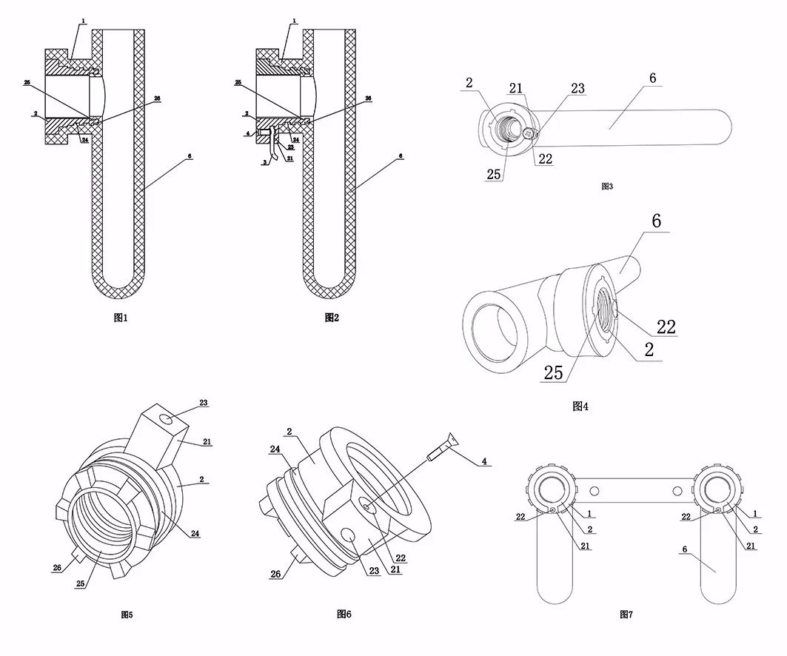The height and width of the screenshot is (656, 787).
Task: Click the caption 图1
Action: (121, 318)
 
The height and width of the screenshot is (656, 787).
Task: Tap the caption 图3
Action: (607, 187)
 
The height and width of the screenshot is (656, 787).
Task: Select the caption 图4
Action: (580, 406)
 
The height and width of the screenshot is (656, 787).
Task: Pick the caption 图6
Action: (344, 614)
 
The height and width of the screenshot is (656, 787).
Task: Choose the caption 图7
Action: (626, 614)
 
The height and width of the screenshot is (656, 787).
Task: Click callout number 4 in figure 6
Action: (484, 461)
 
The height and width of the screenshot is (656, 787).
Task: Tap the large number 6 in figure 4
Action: (656, 221)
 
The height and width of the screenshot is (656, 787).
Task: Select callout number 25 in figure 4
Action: (553, 372)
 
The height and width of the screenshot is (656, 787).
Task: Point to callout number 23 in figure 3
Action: (577, 89)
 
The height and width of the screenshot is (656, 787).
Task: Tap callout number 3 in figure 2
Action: (264, 161)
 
